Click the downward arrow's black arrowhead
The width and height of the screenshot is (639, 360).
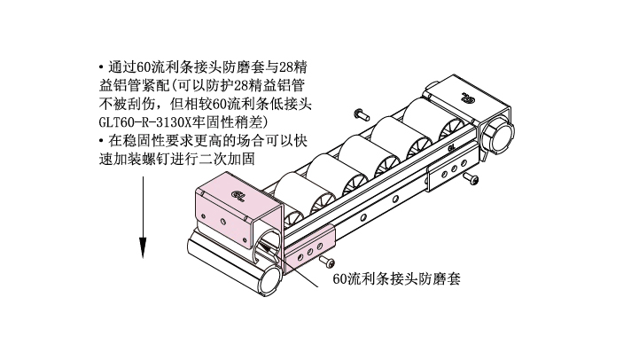tap(143, 247)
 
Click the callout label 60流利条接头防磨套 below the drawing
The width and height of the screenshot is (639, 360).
tap(396, 279)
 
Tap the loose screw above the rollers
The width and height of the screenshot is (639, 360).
tap(362, 113)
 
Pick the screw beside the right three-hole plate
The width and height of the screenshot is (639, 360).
tap(471, 178)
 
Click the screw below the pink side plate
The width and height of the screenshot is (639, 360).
tap(327, 262)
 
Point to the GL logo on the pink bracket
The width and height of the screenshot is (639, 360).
tap(238, 195)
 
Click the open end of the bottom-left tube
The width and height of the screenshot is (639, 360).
tap(270, 280)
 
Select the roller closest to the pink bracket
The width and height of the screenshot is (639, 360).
tap(290, 193)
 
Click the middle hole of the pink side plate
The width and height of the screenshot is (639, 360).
tap(309, 252)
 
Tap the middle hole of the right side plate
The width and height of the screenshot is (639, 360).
tap(454, 168)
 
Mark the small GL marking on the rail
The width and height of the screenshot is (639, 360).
tap(451, 149)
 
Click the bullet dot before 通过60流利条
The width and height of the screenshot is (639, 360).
tap(101, 67)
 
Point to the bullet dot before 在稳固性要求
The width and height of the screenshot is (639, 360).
tap(101, 142)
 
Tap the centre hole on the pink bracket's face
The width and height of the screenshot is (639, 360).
tap(222, 221)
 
